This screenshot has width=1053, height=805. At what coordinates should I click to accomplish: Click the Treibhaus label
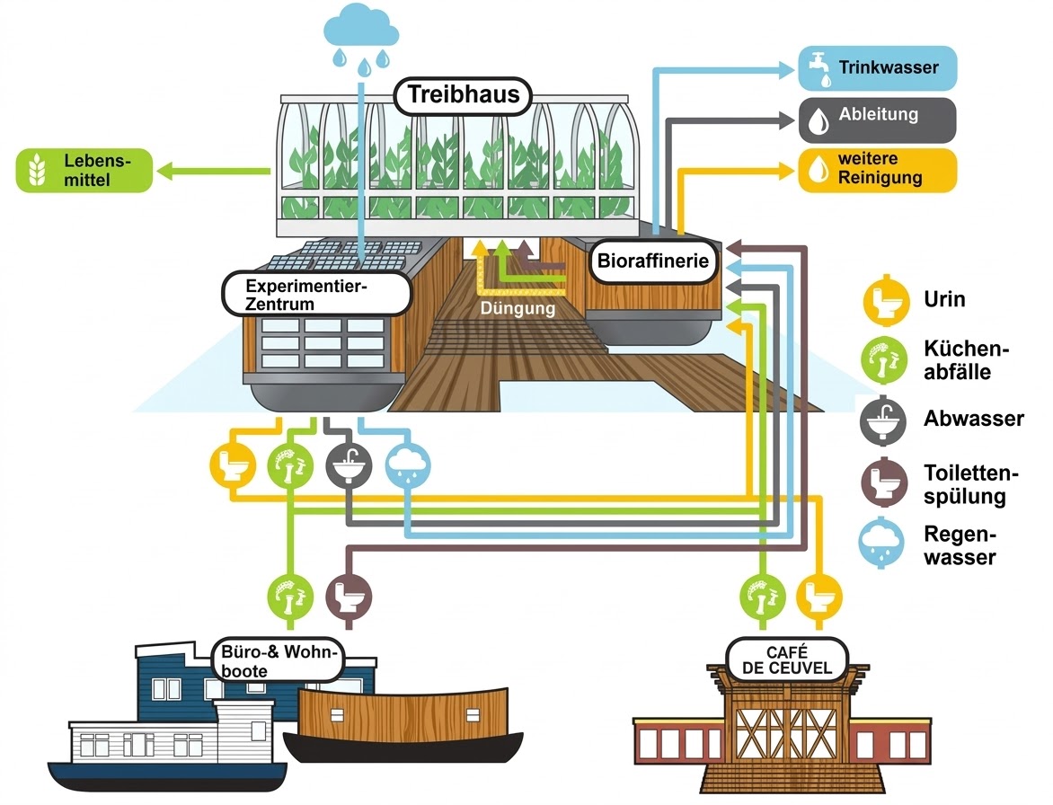point(464,95)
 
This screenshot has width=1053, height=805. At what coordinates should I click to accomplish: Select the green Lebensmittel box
point(84,171)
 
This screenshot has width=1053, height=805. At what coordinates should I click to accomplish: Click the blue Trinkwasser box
point(877,68)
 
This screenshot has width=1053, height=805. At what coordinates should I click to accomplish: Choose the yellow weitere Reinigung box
point(877,170)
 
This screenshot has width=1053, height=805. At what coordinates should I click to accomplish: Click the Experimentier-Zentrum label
point(315,295)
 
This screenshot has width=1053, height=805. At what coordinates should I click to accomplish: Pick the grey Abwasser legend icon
point(883,419)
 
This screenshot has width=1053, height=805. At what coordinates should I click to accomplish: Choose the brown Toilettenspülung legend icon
point(883,482)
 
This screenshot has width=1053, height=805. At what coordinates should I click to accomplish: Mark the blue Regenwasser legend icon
point(883,544)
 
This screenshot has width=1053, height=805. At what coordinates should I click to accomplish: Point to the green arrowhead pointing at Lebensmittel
point(165,169)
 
